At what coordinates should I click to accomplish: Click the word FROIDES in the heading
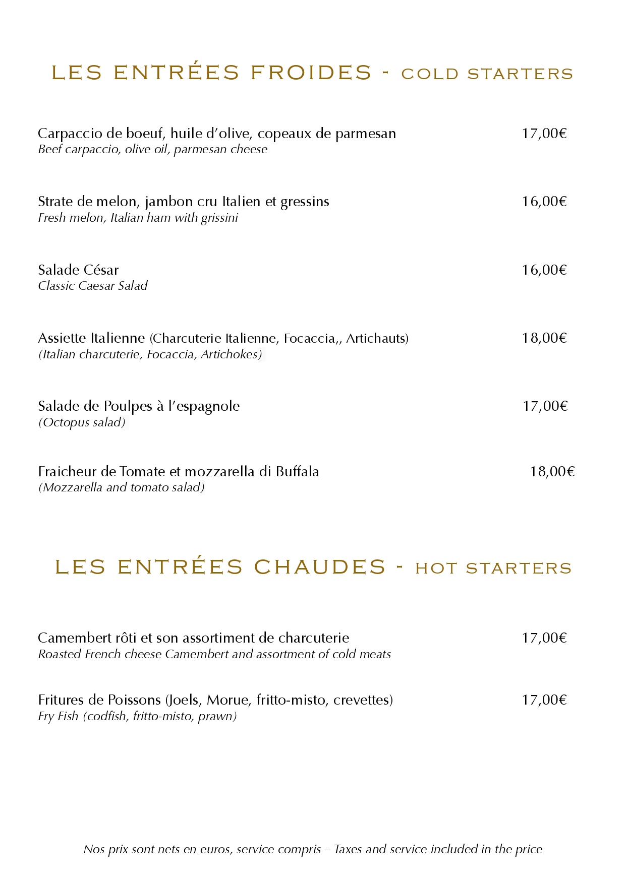[311, 73]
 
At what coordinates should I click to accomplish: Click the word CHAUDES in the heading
[320, 567]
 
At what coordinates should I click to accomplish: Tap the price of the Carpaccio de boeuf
[544, 134]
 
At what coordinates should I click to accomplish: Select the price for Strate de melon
[544, 202]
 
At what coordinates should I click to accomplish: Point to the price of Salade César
[544, 270]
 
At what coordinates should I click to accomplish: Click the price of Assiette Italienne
[544, 338]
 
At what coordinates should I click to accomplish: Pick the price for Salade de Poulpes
[545, 406]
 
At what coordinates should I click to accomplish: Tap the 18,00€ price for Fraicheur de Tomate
[552, 472]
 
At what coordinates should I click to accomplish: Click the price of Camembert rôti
[544, 638]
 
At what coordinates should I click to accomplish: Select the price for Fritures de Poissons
[544, 700]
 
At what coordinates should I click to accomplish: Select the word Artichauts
[377, 338]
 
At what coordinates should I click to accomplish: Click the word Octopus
[66, 422]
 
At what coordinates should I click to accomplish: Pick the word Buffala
[297, 472]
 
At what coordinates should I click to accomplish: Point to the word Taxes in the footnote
[349, 849]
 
